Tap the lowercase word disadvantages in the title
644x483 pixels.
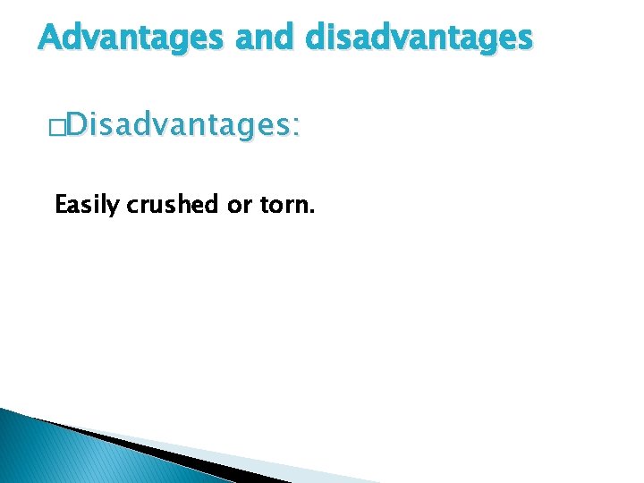tap(419, 38)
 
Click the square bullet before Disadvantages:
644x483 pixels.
tap(59, 128)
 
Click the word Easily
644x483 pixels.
tap(88, 205)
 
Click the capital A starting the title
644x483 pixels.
tap(50, 38)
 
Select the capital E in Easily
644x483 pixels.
tap(61, 205)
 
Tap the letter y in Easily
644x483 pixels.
tap(114, 208)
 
